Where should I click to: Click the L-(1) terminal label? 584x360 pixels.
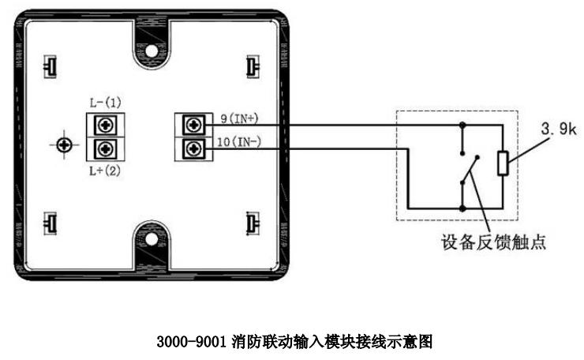(106, 103)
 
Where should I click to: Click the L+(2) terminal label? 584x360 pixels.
(105, 171)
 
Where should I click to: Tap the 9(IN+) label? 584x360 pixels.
(239, 119)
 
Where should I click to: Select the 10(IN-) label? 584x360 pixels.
(239, 142)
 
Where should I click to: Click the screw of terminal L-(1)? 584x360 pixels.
(106, 126)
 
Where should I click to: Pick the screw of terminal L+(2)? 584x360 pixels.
(106, 149)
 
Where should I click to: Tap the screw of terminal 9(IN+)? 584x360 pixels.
(193, 126)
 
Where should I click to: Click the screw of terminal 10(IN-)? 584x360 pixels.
(193, 149)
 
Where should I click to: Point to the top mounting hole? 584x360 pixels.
(152, 51)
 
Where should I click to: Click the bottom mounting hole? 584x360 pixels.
(152, 239)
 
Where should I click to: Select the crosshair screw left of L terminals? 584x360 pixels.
(64, 145)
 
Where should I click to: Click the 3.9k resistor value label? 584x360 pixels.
(559, 129)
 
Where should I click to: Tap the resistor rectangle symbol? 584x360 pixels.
(503, 163)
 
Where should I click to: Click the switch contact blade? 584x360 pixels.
(470, 170)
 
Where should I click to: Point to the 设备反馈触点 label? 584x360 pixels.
(493, 242)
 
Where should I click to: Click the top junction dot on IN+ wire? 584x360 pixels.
(462, 126)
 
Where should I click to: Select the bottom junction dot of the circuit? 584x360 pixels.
(462, 208)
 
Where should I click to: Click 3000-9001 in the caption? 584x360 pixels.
(191, 341)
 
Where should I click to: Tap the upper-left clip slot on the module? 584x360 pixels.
(50, 67)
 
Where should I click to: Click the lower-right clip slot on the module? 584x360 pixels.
(253, 223)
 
